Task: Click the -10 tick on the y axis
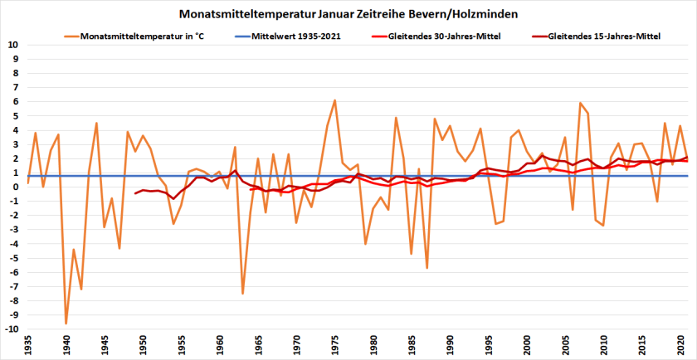click(x=12, y=329)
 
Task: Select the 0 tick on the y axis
click(x=16, y=187)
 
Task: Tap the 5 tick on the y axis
click(x=16, y=115)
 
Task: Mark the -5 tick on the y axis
click(x=14, y=258)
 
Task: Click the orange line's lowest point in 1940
click(x=66, y=324)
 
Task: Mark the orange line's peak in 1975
click(x=334, y=100)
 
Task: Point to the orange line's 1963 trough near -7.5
click(x=242, y=294)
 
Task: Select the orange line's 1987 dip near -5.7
click(x=426, y=268)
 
